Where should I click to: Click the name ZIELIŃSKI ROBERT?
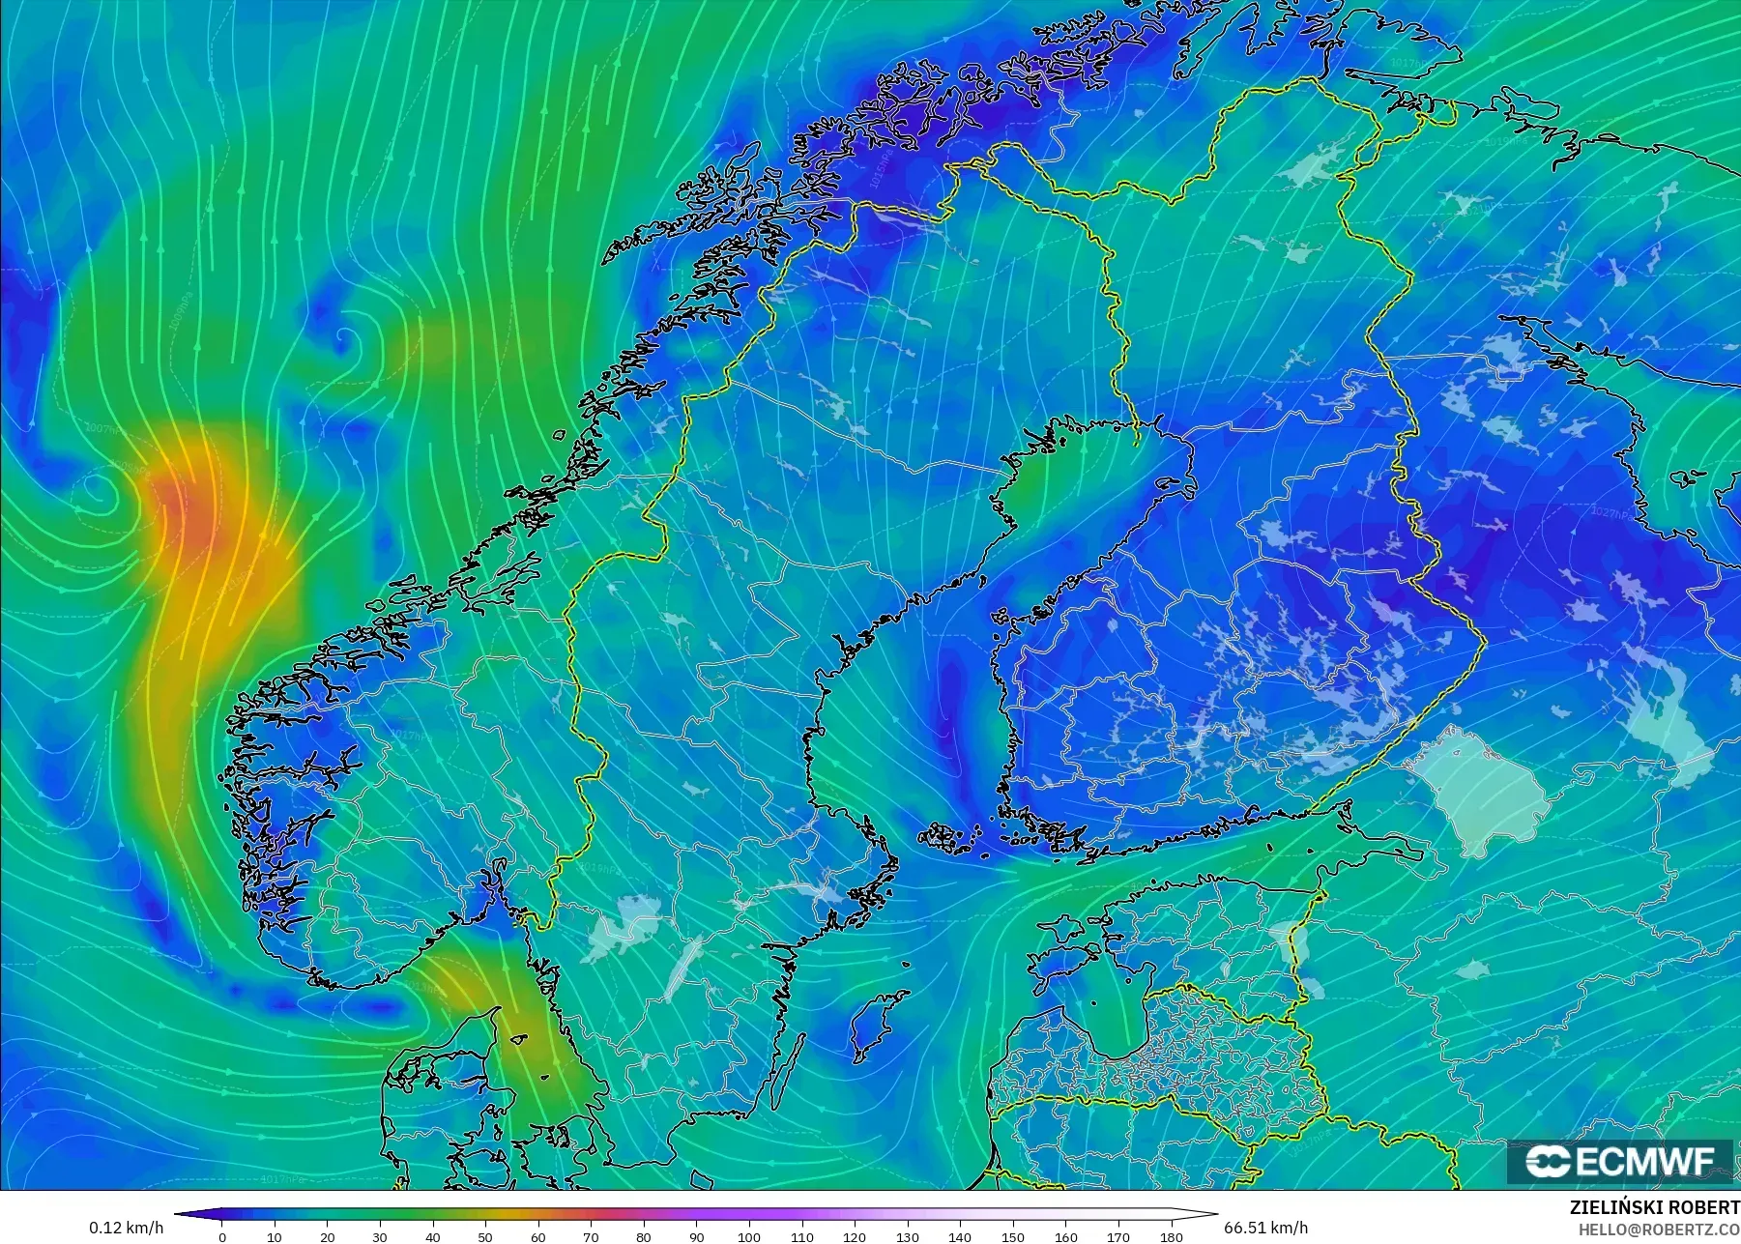(1654, 1208)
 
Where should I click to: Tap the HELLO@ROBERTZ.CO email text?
(1659, 1230)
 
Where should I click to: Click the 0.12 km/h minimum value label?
(127, 1228)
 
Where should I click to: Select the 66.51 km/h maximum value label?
(1265, 1228)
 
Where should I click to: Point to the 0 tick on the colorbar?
(222, 1236)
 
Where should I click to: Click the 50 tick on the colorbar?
(485, 1236)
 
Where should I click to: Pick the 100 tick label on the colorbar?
(749, 1236)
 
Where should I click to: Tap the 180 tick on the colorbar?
(1171, 1236)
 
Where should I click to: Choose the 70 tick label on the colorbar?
(591, 1236)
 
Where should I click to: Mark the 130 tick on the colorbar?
(907, 1236)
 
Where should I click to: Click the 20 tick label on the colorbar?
(328, 1236)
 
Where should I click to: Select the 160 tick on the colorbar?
(1065, 1236)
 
